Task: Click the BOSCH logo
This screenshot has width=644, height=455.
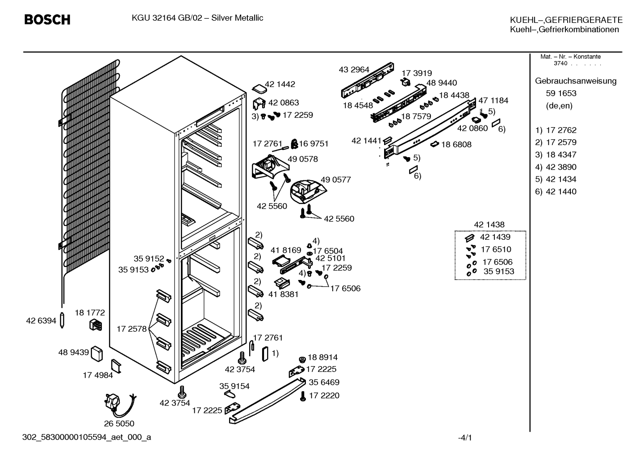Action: (47, 20)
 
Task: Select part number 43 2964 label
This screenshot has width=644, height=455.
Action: (354, 70)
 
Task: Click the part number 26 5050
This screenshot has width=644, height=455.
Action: (119, 423)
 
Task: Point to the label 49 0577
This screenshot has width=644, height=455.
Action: (336, 179)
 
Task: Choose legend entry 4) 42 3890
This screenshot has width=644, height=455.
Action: (556, 167)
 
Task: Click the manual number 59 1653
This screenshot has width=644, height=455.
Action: (561, 93)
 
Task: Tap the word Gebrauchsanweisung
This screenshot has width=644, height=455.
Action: (576, 81)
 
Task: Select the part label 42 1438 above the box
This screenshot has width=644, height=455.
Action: (489, 225)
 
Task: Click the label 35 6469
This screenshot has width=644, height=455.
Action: (324, 382)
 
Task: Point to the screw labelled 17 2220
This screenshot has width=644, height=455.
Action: (302, 396)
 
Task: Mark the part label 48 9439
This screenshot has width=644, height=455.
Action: (74, 352)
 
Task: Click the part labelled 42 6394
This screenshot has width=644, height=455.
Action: (62, 320)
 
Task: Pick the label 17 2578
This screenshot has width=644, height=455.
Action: (132, 329)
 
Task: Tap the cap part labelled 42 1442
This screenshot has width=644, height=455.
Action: (259, 89)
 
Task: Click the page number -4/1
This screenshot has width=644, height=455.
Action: (465, 438)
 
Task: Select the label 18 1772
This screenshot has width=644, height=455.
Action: (90, 313)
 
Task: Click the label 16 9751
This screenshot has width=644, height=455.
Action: (314, 144)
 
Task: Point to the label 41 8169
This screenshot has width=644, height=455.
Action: (286, 250)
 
